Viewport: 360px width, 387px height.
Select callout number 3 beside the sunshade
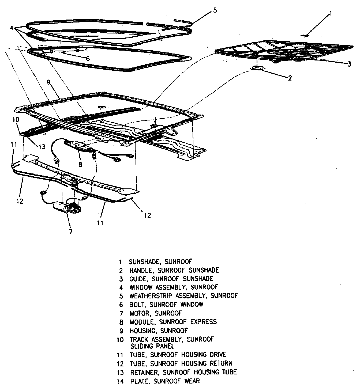349,64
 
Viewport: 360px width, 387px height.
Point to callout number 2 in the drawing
289,78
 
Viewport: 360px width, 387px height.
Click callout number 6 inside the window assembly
88,59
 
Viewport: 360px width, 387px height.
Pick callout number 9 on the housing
48,83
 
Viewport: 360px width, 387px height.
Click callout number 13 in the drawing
42,146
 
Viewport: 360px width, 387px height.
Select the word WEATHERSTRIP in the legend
151,296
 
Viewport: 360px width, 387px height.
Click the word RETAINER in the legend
145,372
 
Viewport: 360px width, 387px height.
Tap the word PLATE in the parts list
139,381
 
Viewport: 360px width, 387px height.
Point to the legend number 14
120,381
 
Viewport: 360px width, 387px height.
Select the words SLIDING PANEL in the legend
152,346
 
